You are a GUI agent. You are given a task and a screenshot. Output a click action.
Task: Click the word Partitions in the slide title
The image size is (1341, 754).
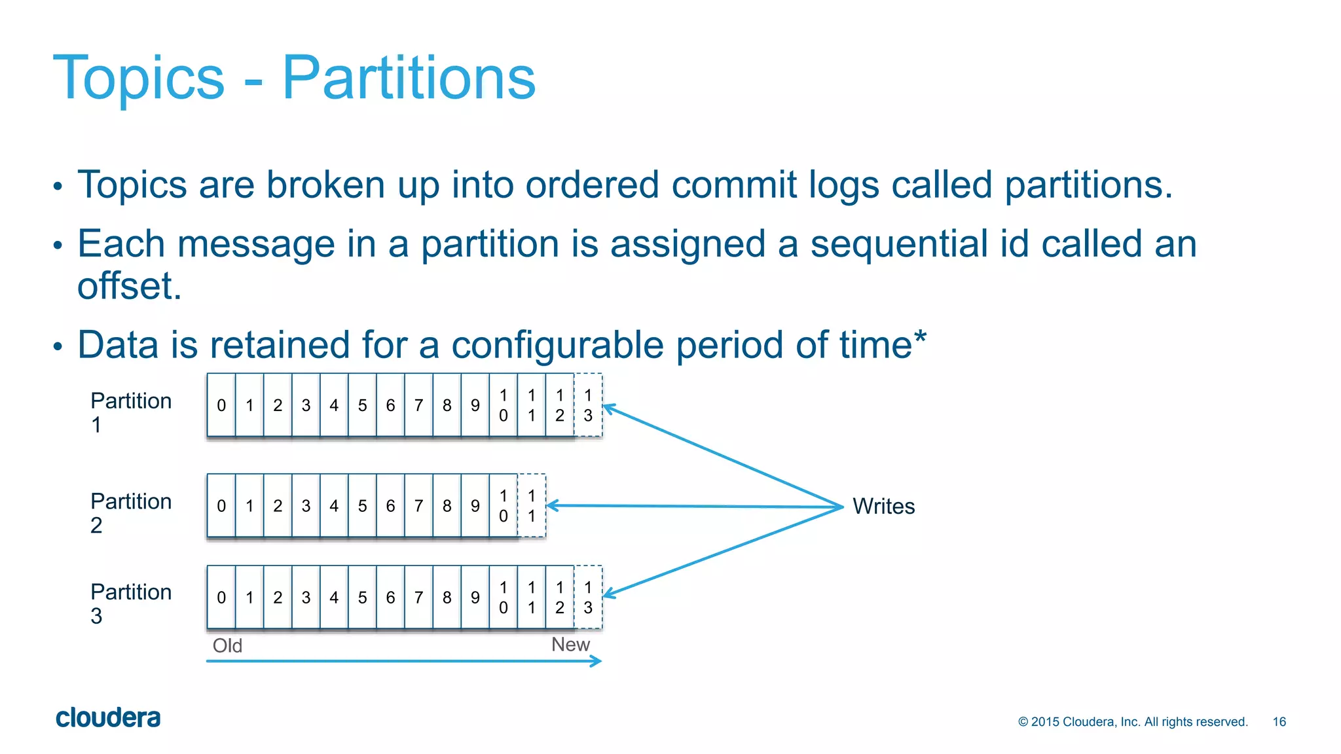pyautogui.click(x=409, y=78)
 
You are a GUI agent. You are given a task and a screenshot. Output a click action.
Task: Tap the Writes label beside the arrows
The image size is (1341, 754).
pyautogui.click(x=883, y=506)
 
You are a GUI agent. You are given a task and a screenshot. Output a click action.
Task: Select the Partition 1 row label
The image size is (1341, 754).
pyautogui.click(x=130, y=412)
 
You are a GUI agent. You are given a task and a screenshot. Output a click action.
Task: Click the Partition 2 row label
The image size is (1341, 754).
pyautogui.click(x=130, y=512)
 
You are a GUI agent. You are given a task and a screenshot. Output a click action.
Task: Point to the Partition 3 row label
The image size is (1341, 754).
pyautogui.click(x=130, y=603)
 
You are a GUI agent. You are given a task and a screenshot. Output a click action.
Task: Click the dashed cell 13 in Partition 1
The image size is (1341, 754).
pyautogui.click(x=588, y=405)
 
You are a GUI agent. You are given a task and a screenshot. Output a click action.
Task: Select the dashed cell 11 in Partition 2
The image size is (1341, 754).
pyautogui.click(x=532, y=506)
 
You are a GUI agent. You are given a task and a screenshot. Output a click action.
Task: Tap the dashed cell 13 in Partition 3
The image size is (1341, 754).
pyautogui.click(x=588, y=597)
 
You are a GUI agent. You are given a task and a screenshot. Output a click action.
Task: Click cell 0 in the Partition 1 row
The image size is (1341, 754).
pyautogui.click(x=221, y=405)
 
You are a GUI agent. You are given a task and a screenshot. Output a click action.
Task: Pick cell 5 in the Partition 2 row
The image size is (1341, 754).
pyautogui.click(x=362, y=506)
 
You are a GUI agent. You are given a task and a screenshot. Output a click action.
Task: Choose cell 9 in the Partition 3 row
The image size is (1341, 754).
pyautogui.click(x=475, y=597)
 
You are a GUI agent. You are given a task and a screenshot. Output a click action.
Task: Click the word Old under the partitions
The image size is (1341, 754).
pyautogui.click(x=227, y=646)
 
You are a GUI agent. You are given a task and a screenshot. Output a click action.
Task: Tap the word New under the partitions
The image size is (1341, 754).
pyautogui.click(x=570, y=645)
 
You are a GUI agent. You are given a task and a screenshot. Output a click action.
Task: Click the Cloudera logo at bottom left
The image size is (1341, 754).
pyautogui.click(x=108, y=718)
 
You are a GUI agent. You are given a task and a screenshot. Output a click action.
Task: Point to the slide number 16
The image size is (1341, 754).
pyautogui.click(x=1279, y=721)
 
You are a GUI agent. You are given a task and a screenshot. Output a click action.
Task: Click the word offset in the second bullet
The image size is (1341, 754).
pyautogui.click(x=129, y=286)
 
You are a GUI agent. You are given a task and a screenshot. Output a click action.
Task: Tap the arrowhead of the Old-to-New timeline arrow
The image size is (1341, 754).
pyautogui.click(x=597, y=661)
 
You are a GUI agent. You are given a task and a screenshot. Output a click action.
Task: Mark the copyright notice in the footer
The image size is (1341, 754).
pyautogui.click(x=1133, y=721)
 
